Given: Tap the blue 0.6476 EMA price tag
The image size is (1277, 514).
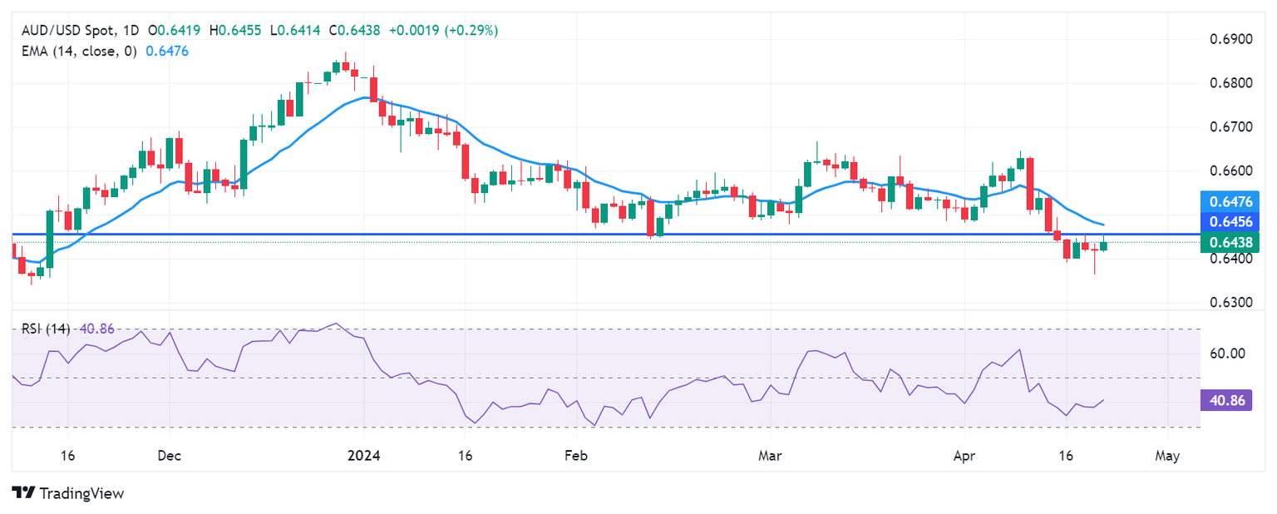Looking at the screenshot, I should (x=1233, y=200).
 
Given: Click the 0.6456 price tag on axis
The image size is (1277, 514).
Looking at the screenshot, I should (x=1233, y=221).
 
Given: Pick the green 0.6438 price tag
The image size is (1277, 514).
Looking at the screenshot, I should (x=1233, y=241).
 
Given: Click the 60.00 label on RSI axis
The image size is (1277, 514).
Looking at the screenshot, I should (x=1228, y=353).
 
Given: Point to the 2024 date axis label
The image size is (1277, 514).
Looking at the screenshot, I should (x=363, y=456).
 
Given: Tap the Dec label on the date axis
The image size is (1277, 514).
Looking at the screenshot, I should (x=169, y=456).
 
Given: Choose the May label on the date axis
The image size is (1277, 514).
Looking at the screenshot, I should (x=1167, y=456).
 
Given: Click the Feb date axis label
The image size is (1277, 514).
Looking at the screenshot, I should (x=575, y=456).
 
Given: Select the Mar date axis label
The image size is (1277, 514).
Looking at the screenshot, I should (x=771, y=456).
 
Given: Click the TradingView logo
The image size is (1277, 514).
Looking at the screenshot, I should (x=68, y=493).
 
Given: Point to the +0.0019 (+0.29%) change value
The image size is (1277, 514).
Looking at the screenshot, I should (x=449, y=31).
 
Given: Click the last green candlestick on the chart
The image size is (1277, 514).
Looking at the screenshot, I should (x=1103, y=245).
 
